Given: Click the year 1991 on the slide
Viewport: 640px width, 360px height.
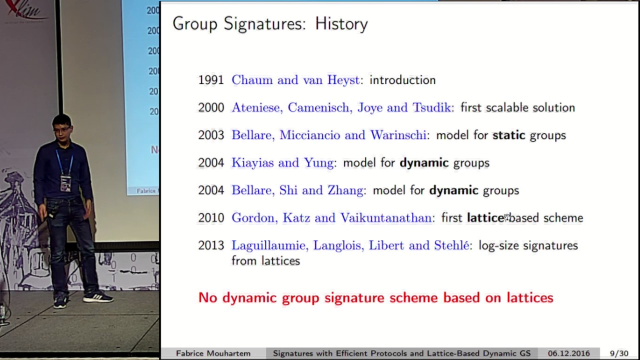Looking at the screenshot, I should pyautogui.click(x=210, y=80).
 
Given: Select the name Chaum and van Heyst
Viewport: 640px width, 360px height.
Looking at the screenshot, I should pyautogui.click(x=295, y=80).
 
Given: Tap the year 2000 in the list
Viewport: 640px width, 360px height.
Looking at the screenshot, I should pyautogui.click(x=210, y=107).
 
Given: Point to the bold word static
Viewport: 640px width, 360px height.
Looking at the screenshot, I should pyautogui.click(x=508, y=135).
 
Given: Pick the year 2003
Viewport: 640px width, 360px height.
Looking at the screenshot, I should pyautogui.click(x=210, y=135).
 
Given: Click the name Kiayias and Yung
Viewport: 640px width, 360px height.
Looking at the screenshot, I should pyautogui.click(x=282, y=162).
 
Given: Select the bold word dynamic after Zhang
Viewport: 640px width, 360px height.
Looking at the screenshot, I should pyautogui.click(x=453, y=190).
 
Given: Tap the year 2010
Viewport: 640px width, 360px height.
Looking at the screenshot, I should pyautogui.click(x=210, y=218).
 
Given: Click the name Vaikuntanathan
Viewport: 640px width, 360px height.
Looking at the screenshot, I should pyautogui.click(x=386, y=218).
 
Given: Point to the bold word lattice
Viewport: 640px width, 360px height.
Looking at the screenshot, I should pyautogui.click(x=485, y=218).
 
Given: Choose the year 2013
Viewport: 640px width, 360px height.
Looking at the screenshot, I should pyautogui.click(x=210, y=245).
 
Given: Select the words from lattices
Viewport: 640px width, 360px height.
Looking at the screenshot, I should pyautogui.click(x=265, y=260).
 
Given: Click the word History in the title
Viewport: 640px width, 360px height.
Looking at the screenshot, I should pyautogui.click(x=341, y=23).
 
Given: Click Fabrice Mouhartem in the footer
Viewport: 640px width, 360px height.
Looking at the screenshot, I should pyautogui.click(x=213, y=353).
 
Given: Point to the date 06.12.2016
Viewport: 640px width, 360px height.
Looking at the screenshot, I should pyautogui.click(x=568, y=353).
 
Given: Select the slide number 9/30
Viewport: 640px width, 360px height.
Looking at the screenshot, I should pyautogui.click(x=619, y=353).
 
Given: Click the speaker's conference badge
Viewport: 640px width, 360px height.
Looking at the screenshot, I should pyautogui.click(x=65, y=183).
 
